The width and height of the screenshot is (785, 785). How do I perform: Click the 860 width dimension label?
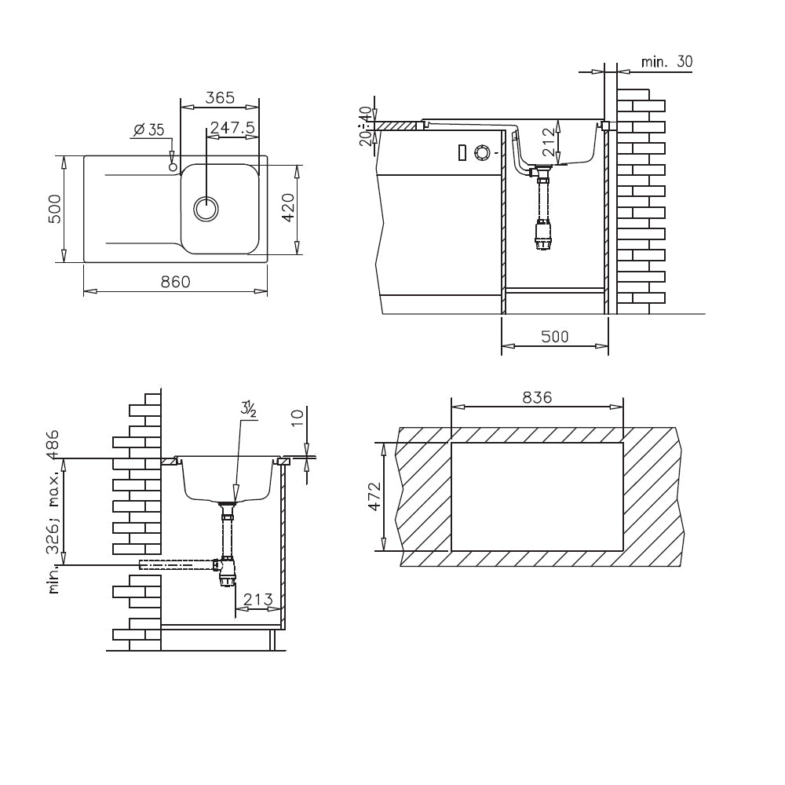pos(175,282)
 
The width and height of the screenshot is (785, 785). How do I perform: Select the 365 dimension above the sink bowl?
pos(220,97)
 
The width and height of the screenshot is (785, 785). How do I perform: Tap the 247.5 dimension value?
pos(232,128)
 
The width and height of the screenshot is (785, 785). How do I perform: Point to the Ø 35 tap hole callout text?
pos(148,130)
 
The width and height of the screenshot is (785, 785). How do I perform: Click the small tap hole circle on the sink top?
pos(173,166)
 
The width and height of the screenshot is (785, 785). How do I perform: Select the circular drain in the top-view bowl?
pos(206,209)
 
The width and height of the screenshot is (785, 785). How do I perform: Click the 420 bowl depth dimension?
pos(289,208)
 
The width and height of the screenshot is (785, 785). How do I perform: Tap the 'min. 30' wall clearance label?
pos(666,61)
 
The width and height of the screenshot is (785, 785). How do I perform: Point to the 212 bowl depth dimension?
pos(549,141)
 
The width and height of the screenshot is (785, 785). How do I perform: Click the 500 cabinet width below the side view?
pos(555,337)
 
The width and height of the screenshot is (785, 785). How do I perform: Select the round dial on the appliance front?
pos(483,153)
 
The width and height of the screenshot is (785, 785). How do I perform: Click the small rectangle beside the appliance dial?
pos(462,153)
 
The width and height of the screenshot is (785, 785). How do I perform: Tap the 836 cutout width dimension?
pos(537,397)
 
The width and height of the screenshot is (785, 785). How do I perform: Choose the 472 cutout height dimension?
pos(374,496)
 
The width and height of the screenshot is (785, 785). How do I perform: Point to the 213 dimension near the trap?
pos(257,599)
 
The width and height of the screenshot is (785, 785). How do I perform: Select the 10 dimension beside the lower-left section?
pos(298,417)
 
